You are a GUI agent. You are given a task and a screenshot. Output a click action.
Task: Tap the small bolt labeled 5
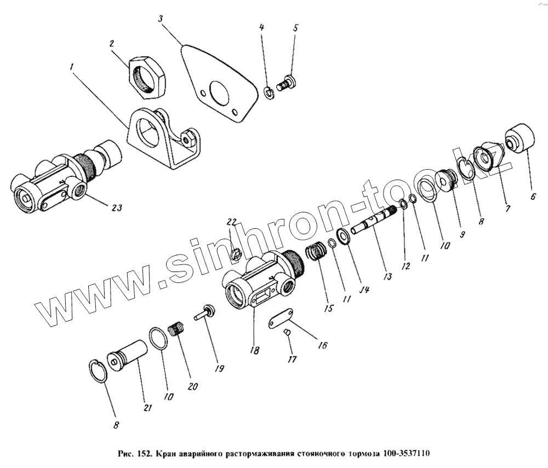287,83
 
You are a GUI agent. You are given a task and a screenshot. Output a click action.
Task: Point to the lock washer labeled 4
269,93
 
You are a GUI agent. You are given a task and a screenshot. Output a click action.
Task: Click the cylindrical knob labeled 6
521,138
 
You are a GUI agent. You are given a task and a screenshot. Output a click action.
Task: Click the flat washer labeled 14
344,236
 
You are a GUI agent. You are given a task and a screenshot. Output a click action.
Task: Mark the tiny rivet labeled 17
287,333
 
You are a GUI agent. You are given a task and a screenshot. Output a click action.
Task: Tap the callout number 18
255,350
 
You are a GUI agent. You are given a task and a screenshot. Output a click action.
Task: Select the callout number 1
72,67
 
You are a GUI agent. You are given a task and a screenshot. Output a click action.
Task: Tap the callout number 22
232,222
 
